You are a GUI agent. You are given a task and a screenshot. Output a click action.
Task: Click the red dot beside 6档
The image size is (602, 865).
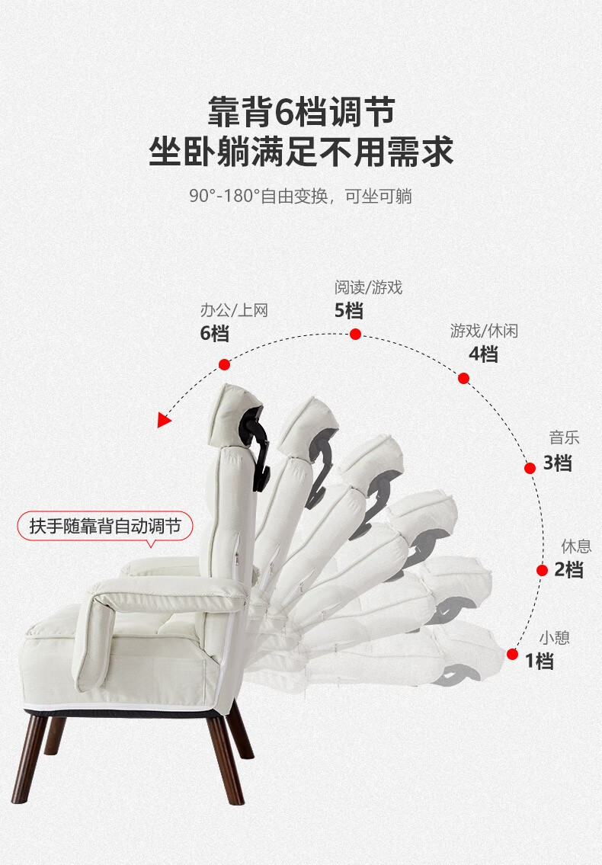(223, 364)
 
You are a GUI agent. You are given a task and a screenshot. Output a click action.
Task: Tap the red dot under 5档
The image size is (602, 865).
(355, 334)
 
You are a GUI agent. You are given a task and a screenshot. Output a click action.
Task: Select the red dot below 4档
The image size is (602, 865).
(463, 378)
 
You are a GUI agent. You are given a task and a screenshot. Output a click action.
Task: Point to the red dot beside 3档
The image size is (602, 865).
(530, 468)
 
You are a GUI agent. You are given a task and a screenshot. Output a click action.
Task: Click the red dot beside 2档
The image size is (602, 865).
(542, 570)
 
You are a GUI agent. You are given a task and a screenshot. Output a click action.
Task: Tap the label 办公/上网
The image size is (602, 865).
(234, 310)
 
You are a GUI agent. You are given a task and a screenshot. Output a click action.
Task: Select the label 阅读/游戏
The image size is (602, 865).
(368, 287)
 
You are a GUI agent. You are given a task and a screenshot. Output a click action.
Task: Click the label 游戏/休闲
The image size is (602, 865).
(484, 331)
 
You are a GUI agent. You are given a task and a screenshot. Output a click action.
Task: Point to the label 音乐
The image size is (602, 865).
(565, 438)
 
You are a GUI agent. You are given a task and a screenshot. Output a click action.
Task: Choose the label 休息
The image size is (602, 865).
(576, 546)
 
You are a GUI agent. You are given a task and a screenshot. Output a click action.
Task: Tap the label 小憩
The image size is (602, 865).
(554, 638)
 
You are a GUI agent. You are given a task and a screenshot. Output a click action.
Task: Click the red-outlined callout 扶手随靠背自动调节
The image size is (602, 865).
(104, 526)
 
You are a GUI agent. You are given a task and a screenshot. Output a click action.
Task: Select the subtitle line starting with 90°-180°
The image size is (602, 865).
(301, 196)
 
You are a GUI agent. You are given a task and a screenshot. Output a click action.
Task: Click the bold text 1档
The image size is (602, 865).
(540, 661)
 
